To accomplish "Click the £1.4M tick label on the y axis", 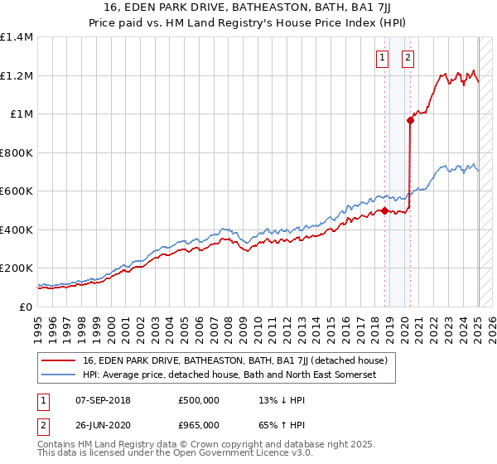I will [16, 37].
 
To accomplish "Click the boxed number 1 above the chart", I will [382, 58].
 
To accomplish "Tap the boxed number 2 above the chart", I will [409, 58].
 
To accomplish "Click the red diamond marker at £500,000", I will [384, 210].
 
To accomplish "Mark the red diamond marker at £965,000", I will [410, 121].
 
